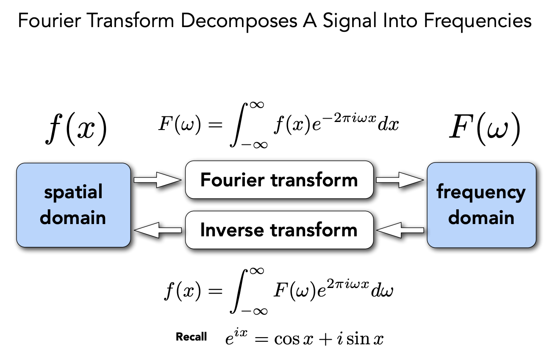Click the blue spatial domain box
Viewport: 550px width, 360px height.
tap(73, 205)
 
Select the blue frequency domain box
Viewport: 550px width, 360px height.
tap(481, 205)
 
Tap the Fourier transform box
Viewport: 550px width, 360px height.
tap(279, 180)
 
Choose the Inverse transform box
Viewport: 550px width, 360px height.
tap(279, 230)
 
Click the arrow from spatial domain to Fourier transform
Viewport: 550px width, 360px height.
tap(157, 180)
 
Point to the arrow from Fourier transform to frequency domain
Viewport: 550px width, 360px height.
tap(400, 180)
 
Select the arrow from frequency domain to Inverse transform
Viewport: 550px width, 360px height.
tap(400, 230)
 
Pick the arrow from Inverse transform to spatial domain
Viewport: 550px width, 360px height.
tap(158, 230)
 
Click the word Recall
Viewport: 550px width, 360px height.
tap(192, 337)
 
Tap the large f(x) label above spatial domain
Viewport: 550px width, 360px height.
tap(76, 129)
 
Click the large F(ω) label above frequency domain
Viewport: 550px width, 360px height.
tap(484, 129)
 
